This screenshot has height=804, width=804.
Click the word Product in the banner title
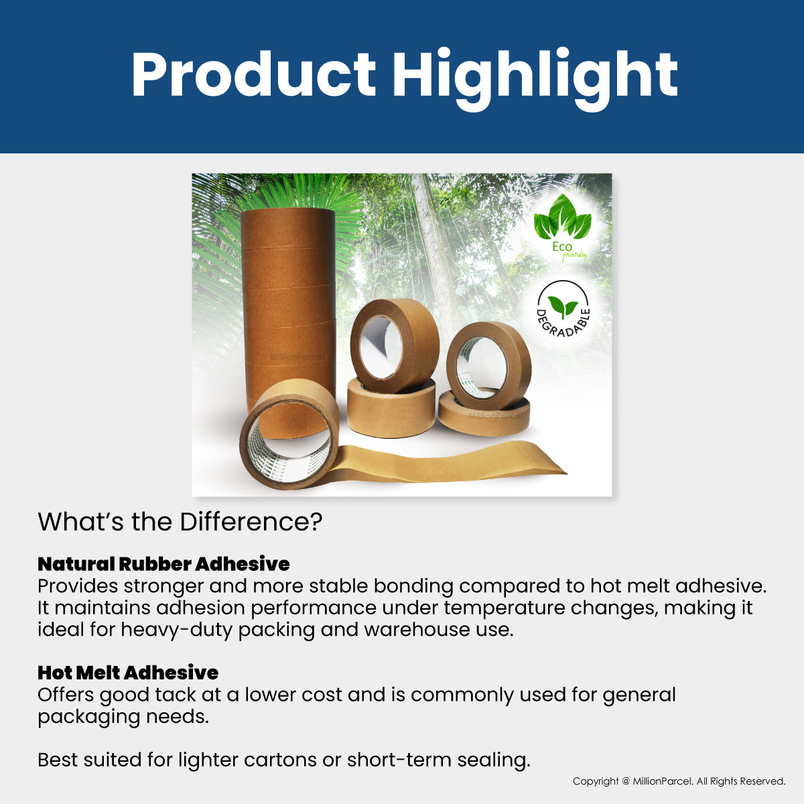click(254, 74)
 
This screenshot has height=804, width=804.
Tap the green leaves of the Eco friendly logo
click(562, 216)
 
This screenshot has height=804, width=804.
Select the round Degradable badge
click(563, 309)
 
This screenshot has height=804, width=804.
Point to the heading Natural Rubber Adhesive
click(163, 564)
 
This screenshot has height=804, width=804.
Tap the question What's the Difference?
click(180, 522)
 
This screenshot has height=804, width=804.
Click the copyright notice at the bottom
click(679, 781)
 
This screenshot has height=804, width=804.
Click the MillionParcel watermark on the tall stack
click(297, 357)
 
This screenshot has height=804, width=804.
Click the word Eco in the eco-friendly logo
click(562, 247)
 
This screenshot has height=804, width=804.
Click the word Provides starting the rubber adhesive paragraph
click(78, 586)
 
